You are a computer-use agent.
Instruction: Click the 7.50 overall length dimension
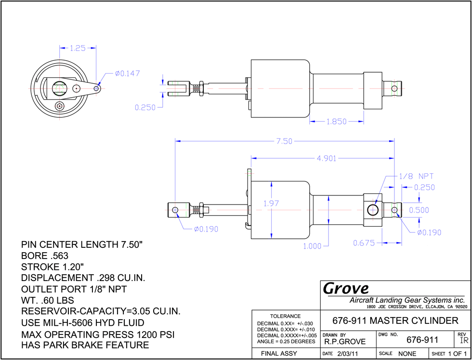pyautogui.click(x=284, y=141)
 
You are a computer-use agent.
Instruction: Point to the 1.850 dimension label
pyautogui.click(x=337, y=121)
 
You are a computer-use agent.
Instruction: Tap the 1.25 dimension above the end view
pyautogui.click(x=78, y=48)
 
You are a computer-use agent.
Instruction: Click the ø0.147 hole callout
pyautogui.click(x=127, y=73)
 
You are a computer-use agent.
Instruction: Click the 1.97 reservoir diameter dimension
pyautogui.click(x=272, y=203)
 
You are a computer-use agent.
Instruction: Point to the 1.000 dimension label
pyautogui.click(x=312, y=246)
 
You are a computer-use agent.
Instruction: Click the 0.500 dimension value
pyautogui.click(x=419, y=210)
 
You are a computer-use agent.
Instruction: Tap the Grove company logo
pyautogui.click(x=346, y=289)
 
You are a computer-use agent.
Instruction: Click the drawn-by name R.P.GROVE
pyautogui.click(x=345, y=341)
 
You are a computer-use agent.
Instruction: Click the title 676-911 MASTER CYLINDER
pyautogui.click(x=395, y=321)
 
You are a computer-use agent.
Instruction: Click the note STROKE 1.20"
pyautogui.click(x=52, y=267)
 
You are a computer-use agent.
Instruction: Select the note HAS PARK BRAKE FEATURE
pyautogui.click(x=85, y=345)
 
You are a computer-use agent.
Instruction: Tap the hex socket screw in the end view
pyautogui.click(x=60, y=105)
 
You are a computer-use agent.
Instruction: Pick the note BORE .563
pyautogui.click(x=45, y=256)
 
